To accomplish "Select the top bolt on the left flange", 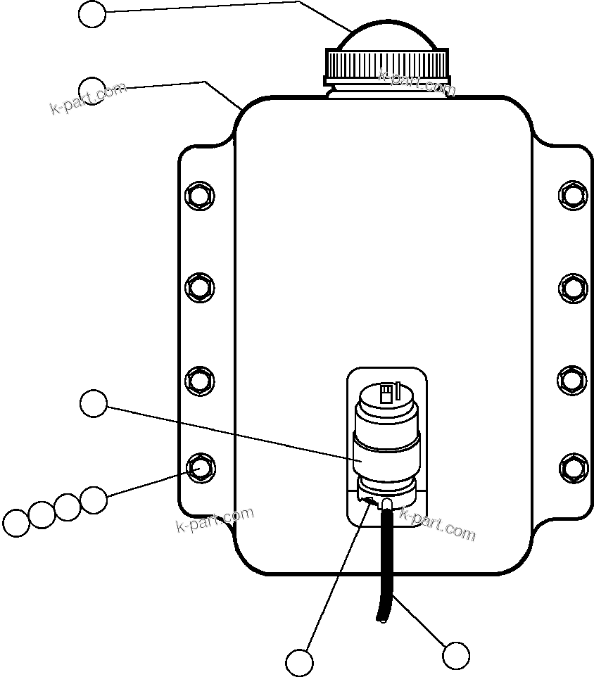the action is [198, 194].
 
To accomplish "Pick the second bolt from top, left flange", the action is [199, 286].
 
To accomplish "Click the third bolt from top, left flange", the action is [199, 380].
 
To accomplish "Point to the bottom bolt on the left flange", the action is [200, 467].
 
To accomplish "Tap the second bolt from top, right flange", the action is [573, 287].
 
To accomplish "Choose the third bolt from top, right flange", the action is [573, 379].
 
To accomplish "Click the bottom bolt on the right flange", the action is [573, 468].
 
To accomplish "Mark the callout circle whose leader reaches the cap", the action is [92, 14].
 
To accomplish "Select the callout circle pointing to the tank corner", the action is [92, 89].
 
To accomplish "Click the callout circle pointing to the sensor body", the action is [94, 404].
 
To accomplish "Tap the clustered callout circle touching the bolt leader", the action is [93, 500].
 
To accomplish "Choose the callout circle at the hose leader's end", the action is [456, 656].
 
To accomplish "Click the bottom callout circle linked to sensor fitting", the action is [300, 662].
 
